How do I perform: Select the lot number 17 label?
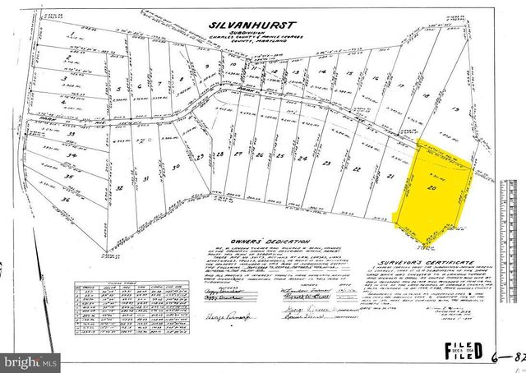pos(400,85)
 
